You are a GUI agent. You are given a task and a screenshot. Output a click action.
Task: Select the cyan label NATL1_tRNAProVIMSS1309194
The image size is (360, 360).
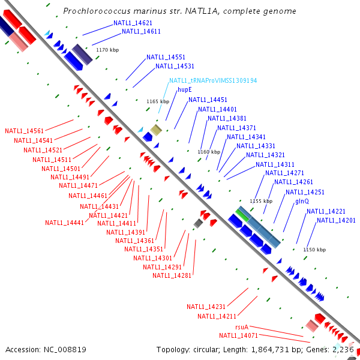point(212,80)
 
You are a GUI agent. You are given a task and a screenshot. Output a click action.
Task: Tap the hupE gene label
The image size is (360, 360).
point(185,90)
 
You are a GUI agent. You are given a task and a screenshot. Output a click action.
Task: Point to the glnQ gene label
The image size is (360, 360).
point(302,202)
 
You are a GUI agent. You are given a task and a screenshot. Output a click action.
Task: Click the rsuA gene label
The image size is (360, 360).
point(242,327)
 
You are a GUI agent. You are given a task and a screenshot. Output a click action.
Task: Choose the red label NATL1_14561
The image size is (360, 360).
point(24,131)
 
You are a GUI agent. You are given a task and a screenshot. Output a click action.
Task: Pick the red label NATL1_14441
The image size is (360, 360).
point(64,223)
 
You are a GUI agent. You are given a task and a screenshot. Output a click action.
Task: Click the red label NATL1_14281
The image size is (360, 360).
point(172,275)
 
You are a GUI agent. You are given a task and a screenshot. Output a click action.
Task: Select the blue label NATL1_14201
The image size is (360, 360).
point(336,221)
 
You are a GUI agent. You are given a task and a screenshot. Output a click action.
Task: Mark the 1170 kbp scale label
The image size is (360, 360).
point(107,50)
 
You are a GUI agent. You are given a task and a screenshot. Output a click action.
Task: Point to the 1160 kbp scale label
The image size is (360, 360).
point(209,152)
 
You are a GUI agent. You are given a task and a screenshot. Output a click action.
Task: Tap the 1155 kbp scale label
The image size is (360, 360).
point(261,201)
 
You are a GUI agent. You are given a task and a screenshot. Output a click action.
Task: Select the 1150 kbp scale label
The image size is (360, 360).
point(314,250)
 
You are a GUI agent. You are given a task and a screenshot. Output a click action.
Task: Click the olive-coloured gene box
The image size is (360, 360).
point(156,130)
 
